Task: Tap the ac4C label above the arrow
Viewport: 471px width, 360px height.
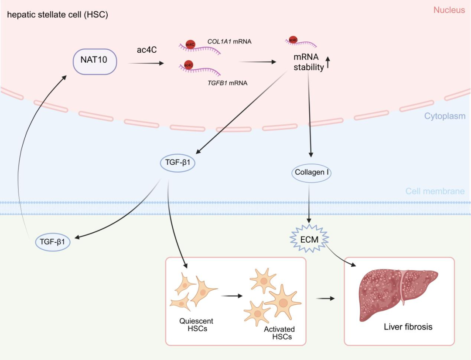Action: coord(147,50)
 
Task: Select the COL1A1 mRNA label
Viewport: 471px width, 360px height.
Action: coord(230,42)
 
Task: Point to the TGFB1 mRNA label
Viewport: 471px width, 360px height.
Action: coord(227,83)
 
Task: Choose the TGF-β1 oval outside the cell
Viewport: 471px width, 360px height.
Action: coord(52,241)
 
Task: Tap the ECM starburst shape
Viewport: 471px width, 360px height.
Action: coord(309,239)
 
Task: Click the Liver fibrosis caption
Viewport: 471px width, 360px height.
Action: coord(408,326)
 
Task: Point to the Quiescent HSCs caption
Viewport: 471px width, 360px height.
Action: coord(196,325)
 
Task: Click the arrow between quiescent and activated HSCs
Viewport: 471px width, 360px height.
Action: coord(232,296)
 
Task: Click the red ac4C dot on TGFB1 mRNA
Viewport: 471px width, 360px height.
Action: coord(188,65)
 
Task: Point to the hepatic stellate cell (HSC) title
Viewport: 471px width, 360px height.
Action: coord(58,15)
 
